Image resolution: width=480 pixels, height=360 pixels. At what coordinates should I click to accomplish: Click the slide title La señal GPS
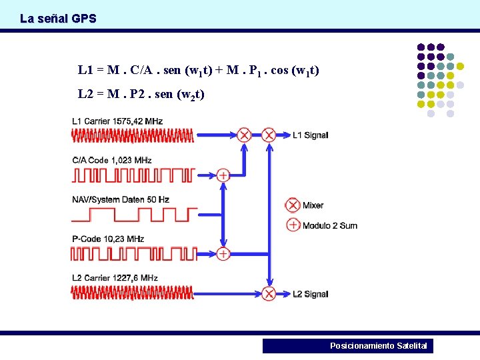tap(58, 19)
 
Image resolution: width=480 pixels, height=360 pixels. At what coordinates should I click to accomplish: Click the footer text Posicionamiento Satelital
tap(378, 346)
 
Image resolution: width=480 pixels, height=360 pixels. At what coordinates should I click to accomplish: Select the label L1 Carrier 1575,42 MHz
tap(117, 121)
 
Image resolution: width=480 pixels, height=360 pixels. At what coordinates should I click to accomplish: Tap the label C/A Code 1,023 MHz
tap(111, 160)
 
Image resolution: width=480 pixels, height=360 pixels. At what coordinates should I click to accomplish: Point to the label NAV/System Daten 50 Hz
tap(121, 199)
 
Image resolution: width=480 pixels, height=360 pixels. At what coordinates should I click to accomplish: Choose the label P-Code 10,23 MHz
tap(107, 239)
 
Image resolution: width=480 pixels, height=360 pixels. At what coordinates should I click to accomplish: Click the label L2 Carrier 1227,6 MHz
tap(115, 277)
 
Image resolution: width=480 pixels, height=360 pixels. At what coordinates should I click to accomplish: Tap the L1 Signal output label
tap(310, 135)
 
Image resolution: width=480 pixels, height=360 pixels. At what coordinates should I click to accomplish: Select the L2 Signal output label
tap(310, 294)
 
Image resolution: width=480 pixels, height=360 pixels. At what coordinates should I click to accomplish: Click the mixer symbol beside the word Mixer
tap(293, 205)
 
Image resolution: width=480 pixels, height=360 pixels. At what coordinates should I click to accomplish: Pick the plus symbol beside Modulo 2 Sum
tap(293, 225)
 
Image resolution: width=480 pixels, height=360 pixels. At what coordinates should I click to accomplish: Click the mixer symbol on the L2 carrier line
tap(269, 293)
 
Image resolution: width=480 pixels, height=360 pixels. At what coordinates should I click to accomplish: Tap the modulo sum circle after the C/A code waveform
tap(223, 175)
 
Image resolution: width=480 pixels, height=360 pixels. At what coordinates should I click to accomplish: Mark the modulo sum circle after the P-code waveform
tap(223, 253)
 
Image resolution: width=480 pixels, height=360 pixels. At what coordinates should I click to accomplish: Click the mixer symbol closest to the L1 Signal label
tap(269, 135)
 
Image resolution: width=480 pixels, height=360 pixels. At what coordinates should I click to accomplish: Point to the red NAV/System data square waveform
tap(133, 215)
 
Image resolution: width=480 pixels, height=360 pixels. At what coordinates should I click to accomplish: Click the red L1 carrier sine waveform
tap(133, 136)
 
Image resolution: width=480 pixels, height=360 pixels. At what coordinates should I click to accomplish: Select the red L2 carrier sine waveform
tap(133, 292)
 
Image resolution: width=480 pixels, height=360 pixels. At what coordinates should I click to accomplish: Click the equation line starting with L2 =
tap(141, 94)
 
